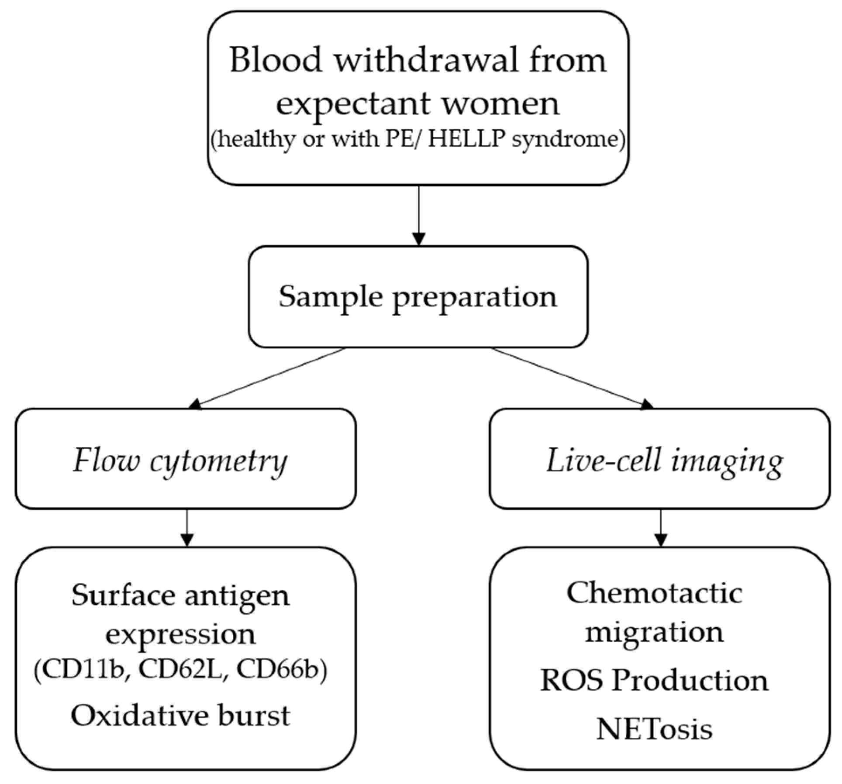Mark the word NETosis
654,729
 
